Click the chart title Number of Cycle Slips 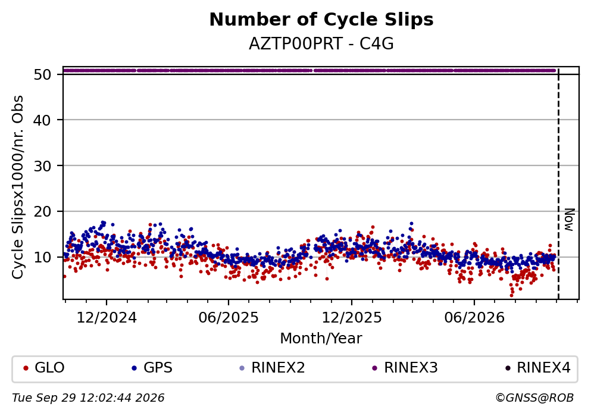pos(321,20)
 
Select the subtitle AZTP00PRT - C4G pos(321,44)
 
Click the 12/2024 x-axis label pos(107,318)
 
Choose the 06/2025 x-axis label pos(229,318)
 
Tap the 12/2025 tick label pos(351,318)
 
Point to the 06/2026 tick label pos(474,318)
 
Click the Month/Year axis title pos(321,339)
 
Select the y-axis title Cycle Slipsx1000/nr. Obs pos(18,187)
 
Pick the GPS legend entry pos(152,367)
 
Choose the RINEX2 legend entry pos(272,367)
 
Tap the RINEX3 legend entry pos(405,367)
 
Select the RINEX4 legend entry pos(538,367)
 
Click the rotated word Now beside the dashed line pos(569,220)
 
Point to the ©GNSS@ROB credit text pos(534,398)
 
